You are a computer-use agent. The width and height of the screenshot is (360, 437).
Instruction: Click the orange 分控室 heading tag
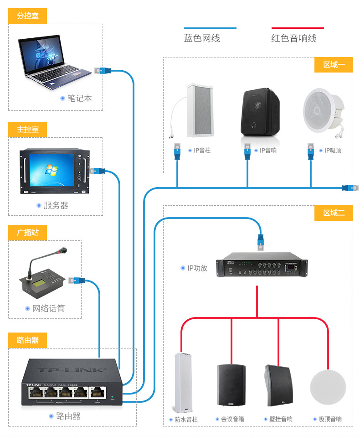click(x=27, y=16)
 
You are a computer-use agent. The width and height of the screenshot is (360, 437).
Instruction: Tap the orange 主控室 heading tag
click(x=27, y=130)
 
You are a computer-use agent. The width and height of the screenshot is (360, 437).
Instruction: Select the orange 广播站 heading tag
click(x=27, y=233)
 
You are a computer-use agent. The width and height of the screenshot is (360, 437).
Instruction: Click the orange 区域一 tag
click(x=334, y=65)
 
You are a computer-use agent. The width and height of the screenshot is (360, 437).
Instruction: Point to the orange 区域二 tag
click(x=334, y=213)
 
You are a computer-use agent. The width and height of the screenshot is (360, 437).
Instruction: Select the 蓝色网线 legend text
click(x=202, y=39)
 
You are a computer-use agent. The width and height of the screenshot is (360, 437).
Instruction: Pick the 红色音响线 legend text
click(x=294, y=39)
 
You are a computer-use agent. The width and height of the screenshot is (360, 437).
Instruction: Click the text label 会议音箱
click(x=232, y=419)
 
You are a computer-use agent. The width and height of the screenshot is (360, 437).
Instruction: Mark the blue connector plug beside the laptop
click(x=103, y=70)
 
